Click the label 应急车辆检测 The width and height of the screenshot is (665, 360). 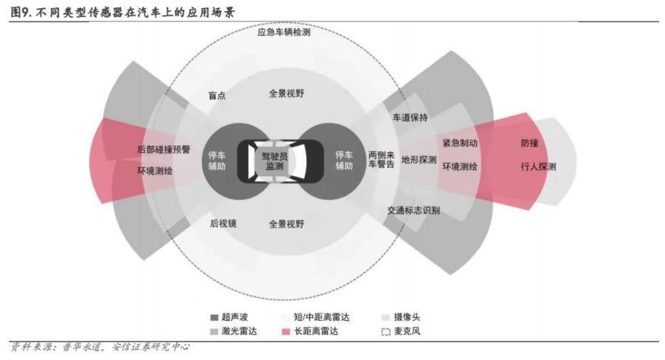[283, 32]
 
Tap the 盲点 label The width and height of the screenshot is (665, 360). [217, 95]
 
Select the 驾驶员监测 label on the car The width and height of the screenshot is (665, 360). [275, 161]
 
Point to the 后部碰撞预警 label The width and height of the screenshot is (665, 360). [164, 149]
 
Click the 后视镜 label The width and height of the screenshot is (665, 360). [223, 224]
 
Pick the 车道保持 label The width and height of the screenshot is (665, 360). [410, 117]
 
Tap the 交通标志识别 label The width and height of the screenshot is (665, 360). [413, 210]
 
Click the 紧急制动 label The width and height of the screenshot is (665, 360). [460, 143]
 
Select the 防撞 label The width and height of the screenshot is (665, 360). [530, 143]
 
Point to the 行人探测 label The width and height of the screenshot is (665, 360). [539, 167]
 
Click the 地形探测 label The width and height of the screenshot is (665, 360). [419, 159]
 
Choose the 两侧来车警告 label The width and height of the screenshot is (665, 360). [382, 159]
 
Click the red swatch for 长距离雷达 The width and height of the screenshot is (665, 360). [286, 331]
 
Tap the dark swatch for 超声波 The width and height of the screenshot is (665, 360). [214, 317]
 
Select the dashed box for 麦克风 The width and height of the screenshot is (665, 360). [385, 331]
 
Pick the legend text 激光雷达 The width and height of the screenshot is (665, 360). [239, 331]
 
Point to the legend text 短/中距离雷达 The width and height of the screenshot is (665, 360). [322, 316]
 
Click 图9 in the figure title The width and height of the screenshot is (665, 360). [21, 12]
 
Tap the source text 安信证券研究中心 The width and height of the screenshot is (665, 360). [151, 347]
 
